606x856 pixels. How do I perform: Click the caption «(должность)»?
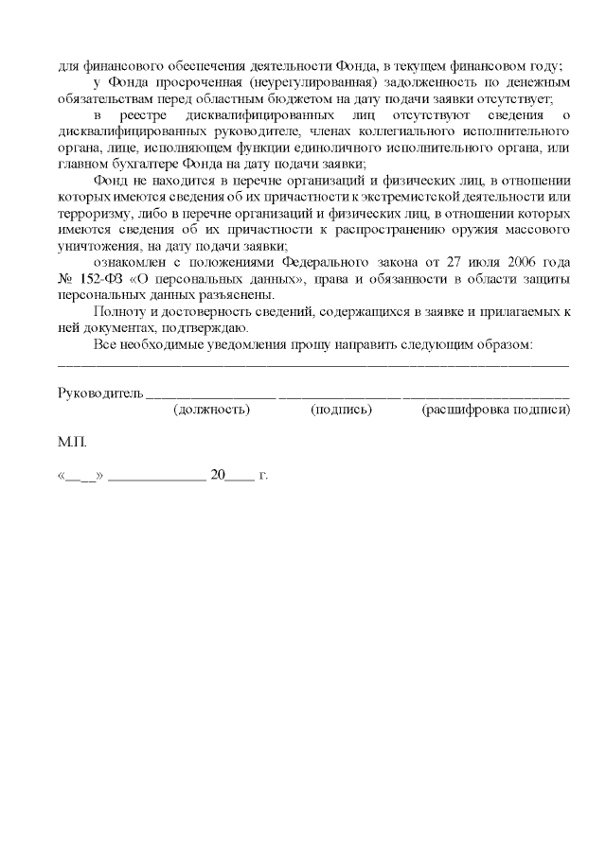212,410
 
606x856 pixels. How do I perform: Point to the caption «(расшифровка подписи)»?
495,410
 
